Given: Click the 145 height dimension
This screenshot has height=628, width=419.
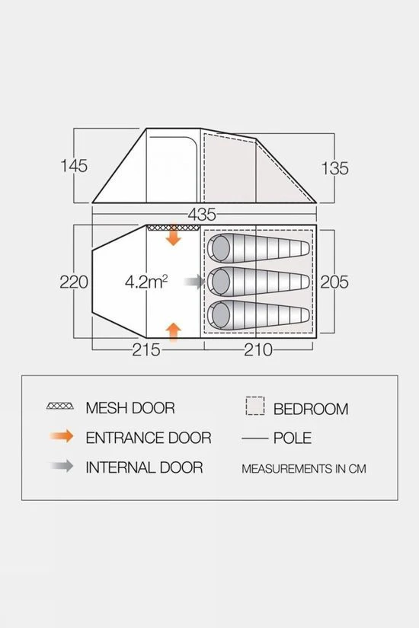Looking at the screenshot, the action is tap(74, 166).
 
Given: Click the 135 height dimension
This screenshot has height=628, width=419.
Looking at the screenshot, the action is tap(334, 168).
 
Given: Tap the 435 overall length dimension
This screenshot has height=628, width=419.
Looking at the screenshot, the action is tap(202, 215).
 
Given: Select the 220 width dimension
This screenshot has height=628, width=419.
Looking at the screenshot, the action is tap(74, 282).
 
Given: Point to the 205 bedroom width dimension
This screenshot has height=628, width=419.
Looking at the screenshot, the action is tap(334, 282).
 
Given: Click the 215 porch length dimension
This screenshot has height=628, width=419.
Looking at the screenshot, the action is tap(146, 350).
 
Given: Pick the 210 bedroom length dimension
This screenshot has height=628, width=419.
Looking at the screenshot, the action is tap(258, 350).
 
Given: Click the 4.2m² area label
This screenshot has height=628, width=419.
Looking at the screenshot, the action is tap(146, 282).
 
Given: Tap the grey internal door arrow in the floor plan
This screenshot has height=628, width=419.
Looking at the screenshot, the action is tap(194, 282).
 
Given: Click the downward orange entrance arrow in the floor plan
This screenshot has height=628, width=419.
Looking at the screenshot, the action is tap(174, 235).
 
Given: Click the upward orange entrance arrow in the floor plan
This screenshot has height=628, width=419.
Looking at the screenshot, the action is tap(174, 332).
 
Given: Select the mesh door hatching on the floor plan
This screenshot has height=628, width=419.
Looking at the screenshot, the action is tap(173, 228).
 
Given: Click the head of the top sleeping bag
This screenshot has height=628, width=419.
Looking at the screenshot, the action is tap(219, 247).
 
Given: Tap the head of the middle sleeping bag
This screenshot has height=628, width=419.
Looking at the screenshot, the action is tap(219, 282).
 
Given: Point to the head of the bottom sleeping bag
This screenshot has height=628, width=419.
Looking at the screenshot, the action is tap(219, 315).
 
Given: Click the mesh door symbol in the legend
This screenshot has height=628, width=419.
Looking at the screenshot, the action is tap(60, 406).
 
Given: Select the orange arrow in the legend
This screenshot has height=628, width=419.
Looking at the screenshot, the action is tap(62, 436).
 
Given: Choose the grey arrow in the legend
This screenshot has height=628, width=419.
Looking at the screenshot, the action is tap(62, 466).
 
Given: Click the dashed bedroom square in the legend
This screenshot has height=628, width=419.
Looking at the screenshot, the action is tap(255, 406).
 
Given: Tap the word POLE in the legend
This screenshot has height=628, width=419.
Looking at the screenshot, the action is tap(293, 438).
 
